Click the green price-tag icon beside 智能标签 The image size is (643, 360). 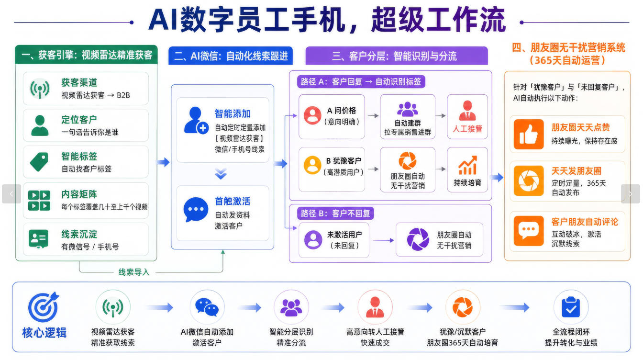(x=39, y=162)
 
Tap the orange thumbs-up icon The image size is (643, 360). (x=529, y=134)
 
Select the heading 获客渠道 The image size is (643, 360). (x=79, y=82)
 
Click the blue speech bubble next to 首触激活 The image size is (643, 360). (x=196, y=209)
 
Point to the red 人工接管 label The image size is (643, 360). (x=467, y=129)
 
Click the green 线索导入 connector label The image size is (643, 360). (x=134, y=272)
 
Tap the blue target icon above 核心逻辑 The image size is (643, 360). (x=44, y=307)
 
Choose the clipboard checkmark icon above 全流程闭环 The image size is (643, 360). (x=571, y=307)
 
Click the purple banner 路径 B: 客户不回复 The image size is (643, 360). (x=335, y=213)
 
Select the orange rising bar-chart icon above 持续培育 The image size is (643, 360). (x=467, y=165)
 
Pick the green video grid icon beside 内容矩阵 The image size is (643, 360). (x=39, y=201)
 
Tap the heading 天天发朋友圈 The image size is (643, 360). (x=576, y=171)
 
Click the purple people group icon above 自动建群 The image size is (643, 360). (x=408, y=109)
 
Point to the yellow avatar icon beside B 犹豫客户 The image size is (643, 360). (x=312, y=165)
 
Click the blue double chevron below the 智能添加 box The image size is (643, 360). (x=221, y=174)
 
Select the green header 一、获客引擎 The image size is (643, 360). (x=87, y=55)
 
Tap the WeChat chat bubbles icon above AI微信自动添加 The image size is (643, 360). (x=207, y=307)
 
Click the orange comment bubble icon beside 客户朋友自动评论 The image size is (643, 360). (x=529, y=231)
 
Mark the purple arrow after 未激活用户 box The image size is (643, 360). (x=384, y=240)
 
